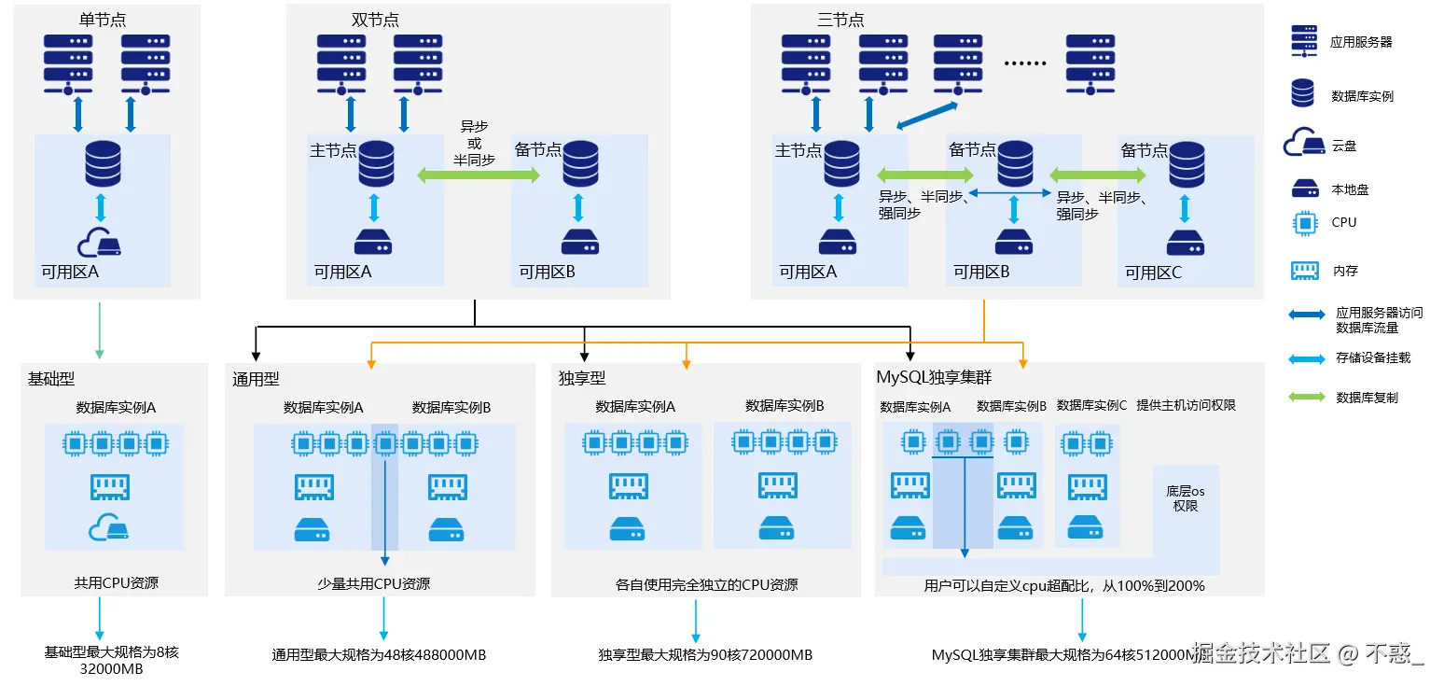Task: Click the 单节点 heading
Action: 103,20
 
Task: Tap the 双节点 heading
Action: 375,20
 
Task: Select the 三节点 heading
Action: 840,20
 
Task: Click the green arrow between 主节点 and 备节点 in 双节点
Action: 479,175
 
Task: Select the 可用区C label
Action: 1153,273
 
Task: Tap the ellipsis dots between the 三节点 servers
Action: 1025,63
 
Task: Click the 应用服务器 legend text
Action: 1361,42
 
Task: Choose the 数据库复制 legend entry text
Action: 1367,398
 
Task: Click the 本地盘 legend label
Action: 1350,189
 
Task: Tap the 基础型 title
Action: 51,379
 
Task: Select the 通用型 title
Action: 256,379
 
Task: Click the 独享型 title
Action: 582,378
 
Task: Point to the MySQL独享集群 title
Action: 934,378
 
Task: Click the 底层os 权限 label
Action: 1185,498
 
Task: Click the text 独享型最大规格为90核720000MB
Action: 705,654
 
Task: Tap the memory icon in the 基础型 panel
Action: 109,486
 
